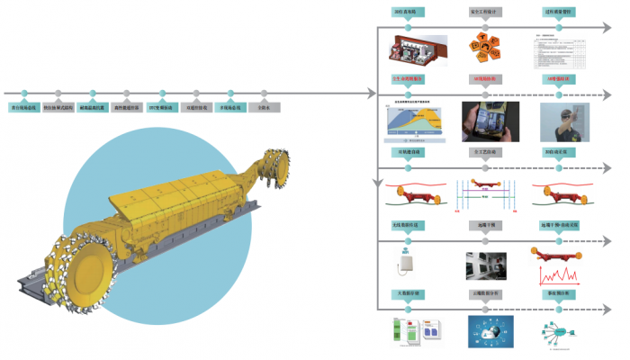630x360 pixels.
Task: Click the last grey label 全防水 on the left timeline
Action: [265, 107]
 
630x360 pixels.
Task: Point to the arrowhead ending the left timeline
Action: [372, 93]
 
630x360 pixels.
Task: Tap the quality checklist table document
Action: [559, 52]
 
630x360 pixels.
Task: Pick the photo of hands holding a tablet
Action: [487, 121]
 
